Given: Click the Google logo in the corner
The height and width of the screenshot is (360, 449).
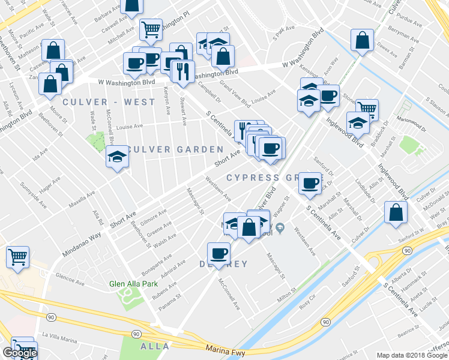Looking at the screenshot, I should [20, 353].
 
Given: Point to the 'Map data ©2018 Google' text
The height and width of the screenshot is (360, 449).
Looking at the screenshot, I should [412, 355].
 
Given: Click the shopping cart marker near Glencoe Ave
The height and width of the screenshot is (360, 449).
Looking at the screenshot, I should [17, 257].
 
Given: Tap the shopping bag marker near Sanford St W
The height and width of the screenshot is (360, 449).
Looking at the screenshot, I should [396, 212].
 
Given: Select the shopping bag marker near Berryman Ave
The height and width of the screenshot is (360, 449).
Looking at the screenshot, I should [362, 41].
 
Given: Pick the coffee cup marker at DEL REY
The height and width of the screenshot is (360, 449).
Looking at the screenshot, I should [218, 253].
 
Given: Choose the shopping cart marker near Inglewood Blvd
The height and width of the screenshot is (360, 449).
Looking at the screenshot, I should [367, 109].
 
